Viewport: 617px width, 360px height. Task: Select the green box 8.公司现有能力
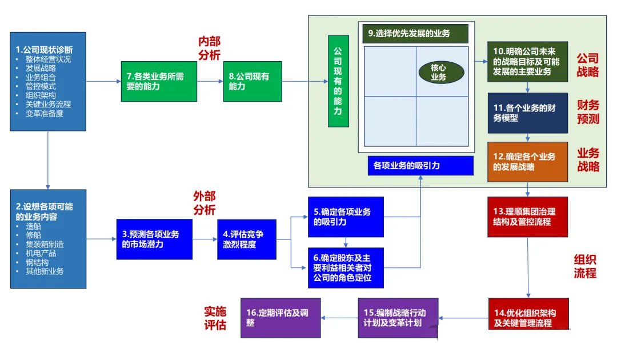point(252,81)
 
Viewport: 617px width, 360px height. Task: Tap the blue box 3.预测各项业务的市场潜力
point(154,239)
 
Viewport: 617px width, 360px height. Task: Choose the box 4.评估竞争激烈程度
point(246,239)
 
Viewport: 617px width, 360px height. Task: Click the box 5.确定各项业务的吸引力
point(345,217)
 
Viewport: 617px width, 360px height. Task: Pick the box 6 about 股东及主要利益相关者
point(345,267)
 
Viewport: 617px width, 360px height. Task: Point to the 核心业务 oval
point(438,71)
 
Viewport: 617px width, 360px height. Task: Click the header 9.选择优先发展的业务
point(415,34)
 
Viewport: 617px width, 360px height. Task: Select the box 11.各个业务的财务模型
point(527,113)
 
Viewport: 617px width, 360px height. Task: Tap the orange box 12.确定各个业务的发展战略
point(527,162)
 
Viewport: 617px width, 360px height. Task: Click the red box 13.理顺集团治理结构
point(527,217)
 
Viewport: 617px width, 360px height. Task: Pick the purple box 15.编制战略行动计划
point(398,318)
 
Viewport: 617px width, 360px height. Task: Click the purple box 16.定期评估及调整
point(281,318)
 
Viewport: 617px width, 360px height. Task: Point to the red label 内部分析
point(209,48)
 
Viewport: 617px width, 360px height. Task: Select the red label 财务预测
point(588,112)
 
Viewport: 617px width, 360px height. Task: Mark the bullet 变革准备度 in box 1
point(45,113)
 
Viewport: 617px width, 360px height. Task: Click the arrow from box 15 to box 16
point(340,318)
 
